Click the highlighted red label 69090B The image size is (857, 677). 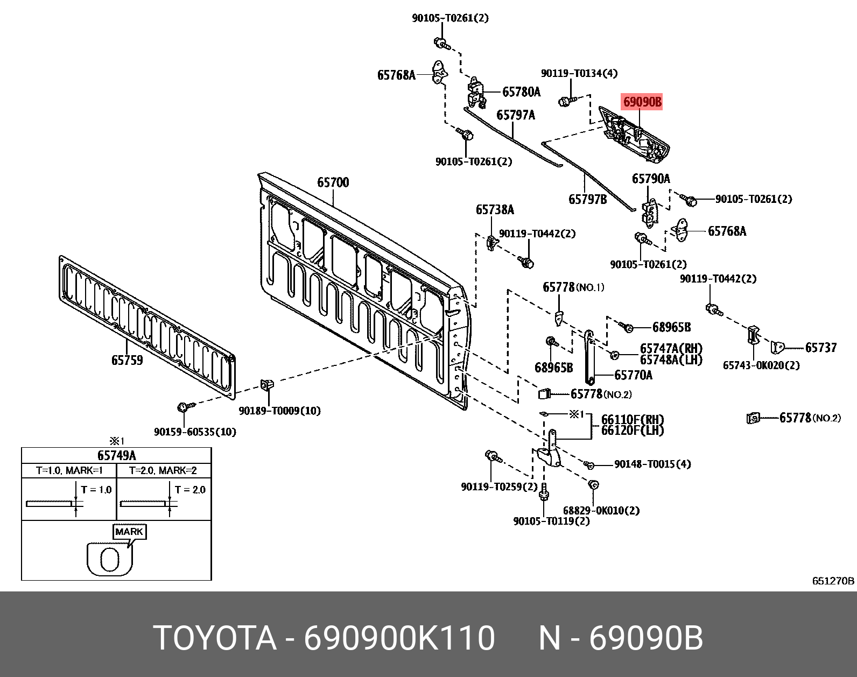click(642, 102)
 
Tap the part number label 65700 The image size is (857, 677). click(333, 183)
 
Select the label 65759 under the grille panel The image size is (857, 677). click(127, 361)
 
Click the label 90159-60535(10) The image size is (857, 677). click(195, 432)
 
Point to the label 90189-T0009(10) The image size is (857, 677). click(279, 411)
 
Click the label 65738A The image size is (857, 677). click(495, 210)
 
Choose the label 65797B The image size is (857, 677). click(587, 200)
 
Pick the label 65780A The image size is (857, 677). click(521, 92)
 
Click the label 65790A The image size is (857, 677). click(651, 179)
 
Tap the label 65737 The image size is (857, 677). click(821, 348)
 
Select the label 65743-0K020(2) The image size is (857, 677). click(761, 365)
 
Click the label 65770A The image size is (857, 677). click(633, 375)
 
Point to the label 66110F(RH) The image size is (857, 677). click(633, 419)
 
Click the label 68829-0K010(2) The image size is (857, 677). click(601, 510)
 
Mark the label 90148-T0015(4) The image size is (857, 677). click(652, 464)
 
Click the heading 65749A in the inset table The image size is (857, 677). click(116, 456)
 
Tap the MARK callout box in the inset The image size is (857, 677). click(129, 532)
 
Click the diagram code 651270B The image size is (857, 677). click(833, 581)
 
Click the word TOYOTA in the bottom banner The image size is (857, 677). click(215, 638)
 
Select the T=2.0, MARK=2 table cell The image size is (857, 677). click(163, 471)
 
